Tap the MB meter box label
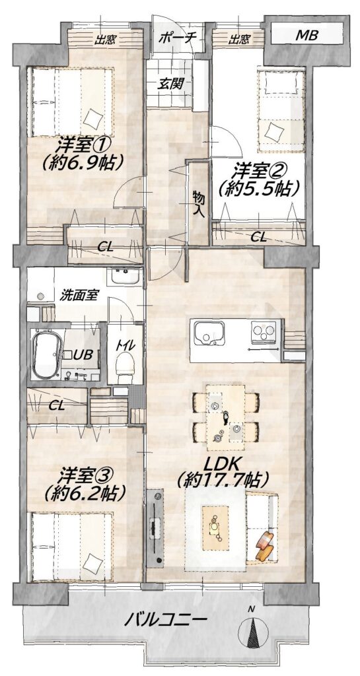[306, 36]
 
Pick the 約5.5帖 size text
[259, 188]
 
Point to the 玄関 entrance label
[170, 83]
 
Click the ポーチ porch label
[178, 38]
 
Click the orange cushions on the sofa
[264, 545]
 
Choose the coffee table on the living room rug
[215, 527]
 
